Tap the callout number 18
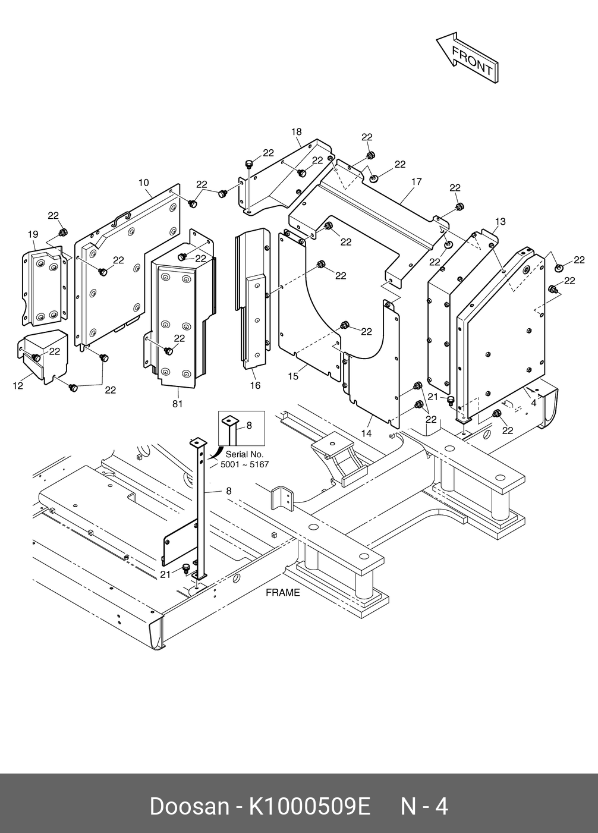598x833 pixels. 296,131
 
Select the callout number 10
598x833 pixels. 144,183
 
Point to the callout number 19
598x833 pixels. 33,235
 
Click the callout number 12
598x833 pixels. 18,386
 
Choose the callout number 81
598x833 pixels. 177,404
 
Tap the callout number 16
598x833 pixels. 255,385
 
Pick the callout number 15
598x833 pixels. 293,376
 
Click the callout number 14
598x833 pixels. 366,433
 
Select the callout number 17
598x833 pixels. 416,181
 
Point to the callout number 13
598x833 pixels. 500,222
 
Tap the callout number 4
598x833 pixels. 533,403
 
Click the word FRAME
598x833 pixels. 282,593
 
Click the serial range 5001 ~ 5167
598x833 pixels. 244,464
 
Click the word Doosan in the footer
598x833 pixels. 188,807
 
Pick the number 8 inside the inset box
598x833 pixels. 248,426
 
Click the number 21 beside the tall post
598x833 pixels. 166,574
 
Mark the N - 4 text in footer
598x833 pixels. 424,807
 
